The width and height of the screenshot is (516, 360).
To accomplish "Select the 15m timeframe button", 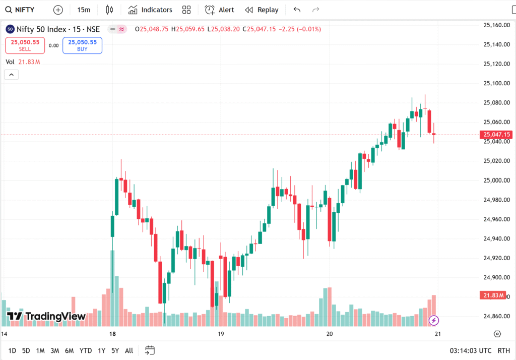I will (84, 10).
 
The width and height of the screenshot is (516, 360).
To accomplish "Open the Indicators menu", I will (150, 10).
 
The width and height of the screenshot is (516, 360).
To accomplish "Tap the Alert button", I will (220, 10).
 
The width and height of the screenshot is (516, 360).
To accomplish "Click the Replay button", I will (262, 10).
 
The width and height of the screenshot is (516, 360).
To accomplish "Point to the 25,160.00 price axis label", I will (496, 25).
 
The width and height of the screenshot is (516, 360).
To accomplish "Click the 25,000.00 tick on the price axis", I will (496, 180).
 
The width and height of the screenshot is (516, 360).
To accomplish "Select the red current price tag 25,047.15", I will (497, 135).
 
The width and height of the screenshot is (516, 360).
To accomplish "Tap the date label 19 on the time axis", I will (221, 334).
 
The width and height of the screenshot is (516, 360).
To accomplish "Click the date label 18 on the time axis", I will (112, 334).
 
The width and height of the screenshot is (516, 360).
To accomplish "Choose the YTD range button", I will (86, 350).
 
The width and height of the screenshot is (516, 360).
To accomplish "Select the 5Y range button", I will (115, 350).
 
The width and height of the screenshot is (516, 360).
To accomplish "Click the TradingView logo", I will (46, 317).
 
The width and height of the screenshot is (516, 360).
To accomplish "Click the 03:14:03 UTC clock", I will (471, 350).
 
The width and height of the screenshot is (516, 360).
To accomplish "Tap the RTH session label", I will (503, 350).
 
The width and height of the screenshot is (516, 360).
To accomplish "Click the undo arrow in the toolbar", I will (297, 10).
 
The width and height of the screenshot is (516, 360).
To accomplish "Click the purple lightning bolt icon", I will (433, 320).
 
